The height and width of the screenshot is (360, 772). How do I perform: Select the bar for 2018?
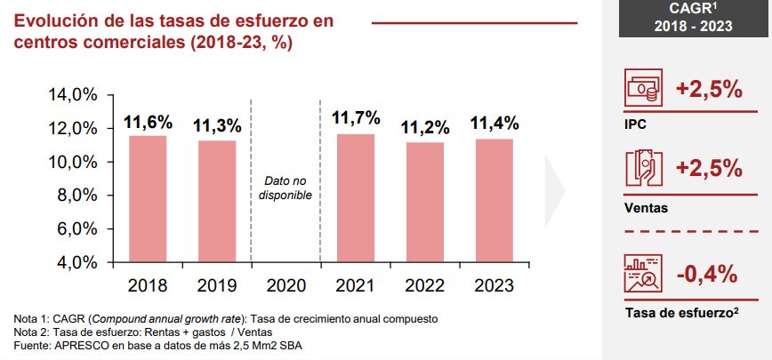click(x=148, y=199)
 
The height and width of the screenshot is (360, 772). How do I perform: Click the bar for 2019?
click(x=216, y=202)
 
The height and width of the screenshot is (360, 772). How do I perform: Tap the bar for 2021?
click(x=356, y=198)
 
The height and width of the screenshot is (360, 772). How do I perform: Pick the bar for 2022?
click(x=424, y=203)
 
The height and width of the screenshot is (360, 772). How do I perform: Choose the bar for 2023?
click(x=494, y=201)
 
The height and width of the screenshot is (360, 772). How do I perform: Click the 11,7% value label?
click(x=356, y=118)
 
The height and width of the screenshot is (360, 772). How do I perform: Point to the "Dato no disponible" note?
click(x=285, y=188)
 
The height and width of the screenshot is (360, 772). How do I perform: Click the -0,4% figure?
click(x=707, y=274)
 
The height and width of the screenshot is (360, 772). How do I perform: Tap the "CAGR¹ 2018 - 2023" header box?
click(x=694, y=18)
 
